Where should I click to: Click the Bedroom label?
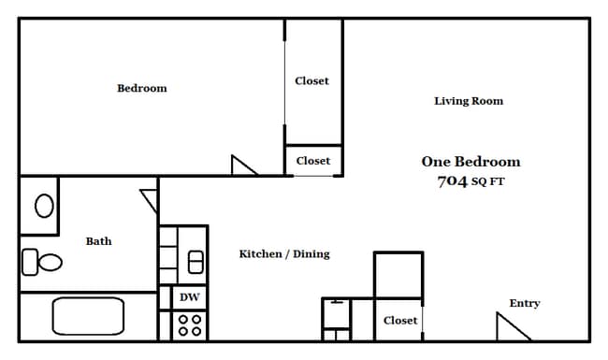click(x=142, y=88)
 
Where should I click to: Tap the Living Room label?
click(x=469, y=101)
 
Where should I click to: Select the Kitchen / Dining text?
click(x=284, y=254)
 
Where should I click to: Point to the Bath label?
click(x=98, y=241)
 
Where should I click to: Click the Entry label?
click(x=525, y=303)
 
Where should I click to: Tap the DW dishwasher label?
click(x=190, y=297)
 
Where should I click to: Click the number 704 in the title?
click(x=452, y=181)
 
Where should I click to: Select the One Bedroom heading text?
click(x=470, y=162)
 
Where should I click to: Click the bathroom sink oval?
click(x=44, y=206)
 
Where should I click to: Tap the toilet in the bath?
click(x=42, y=263)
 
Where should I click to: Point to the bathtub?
click(x=88, y=316)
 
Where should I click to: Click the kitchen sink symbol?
click(x=195, y=262)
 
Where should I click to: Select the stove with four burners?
click(x=190, y=325)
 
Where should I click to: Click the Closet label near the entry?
click(x=400, y=321)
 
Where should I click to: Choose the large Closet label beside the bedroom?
click(x=311, y=81)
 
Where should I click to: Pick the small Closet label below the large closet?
click(x=313, y=161)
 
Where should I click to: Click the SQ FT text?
click(x=487, y=181)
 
